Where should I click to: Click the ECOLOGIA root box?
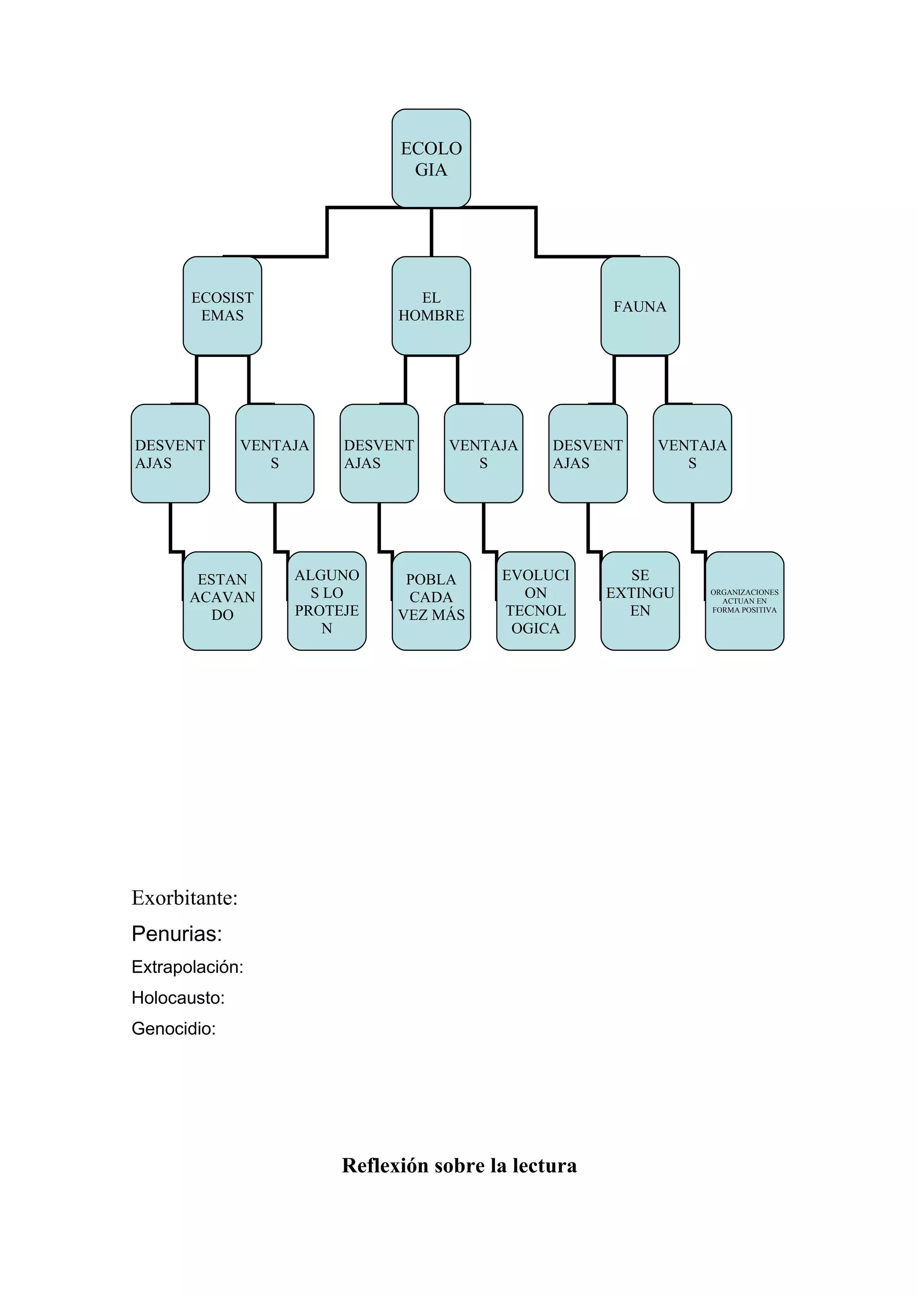tap(431, 158)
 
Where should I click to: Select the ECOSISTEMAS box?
tap(222, 306)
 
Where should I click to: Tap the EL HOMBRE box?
tap(431, 306)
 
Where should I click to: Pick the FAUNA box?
tap(640, 306)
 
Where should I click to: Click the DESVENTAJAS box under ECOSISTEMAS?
tap(170, 453)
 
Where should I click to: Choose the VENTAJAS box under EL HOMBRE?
tap(483, 453)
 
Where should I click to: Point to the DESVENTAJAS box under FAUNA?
tap(588, 453)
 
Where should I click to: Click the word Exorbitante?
tap(184, 898)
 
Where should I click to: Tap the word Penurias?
tap(177, 934)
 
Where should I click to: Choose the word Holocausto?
tap(178, 997)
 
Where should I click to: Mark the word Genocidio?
tap(173, 1028)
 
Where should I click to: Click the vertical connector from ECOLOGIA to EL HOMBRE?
tap(432, 232)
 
